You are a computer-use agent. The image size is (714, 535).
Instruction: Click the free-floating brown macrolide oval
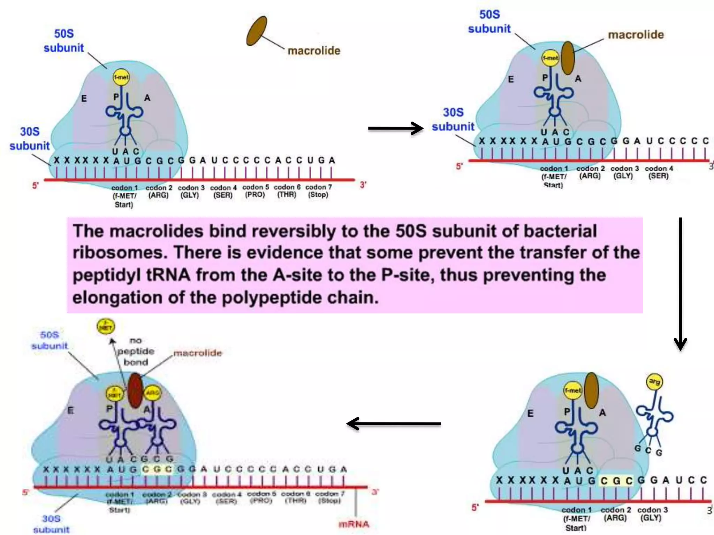[x=257, y=31]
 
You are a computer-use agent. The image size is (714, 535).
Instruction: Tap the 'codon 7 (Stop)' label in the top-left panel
[x=318, y=191]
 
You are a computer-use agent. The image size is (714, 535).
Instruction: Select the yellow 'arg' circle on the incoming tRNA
[x=654, y=382]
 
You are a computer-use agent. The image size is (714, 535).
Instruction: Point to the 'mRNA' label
[x=354, y=524]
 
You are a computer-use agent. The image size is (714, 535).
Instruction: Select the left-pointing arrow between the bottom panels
[x=394, y=424]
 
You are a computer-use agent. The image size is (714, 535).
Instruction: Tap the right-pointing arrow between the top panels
[x=396, y=128]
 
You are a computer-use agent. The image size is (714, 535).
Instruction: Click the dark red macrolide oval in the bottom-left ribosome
[x=135, y=390]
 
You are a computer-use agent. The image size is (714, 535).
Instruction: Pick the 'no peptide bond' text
[x=136, y=351]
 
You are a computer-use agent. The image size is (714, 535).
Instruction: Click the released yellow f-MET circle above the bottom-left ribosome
[x=105, y=327]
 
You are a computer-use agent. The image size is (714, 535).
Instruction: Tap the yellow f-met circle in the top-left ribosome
[x=121, y=77]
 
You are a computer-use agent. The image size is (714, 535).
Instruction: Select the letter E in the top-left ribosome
[x=84, y=99]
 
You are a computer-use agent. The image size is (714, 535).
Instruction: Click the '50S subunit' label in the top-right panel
[x=489, y=22]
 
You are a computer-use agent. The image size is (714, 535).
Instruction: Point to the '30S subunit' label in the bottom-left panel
[x=51, y=524]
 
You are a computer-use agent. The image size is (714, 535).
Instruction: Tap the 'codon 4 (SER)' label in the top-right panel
[x=659, y=172]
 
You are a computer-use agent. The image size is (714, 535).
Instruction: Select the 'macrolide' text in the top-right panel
[x=636, y=34]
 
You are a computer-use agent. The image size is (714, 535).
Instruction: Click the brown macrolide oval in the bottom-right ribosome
[x=591, y=390]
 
